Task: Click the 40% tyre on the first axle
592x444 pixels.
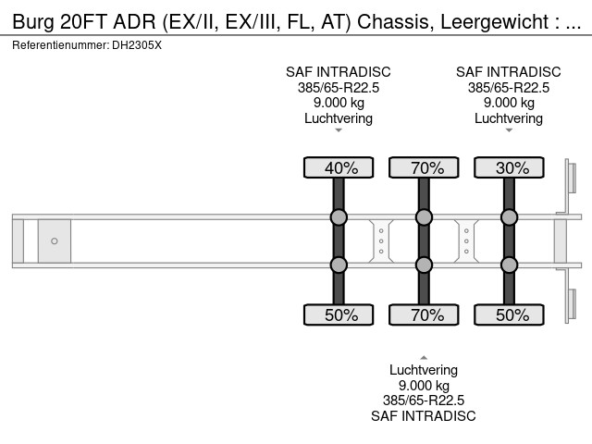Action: [x=339, y=167]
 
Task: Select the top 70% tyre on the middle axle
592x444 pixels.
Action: [x=424, y=167]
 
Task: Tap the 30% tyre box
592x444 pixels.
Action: [x=509, y=167]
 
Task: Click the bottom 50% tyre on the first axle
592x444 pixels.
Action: [x=339, y=314]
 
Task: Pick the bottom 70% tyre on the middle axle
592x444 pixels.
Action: [x=424, y=314]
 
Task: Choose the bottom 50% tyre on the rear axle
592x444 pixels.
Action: [x=509, y=314]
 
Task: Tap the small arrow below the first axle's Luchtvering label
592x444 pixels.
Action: [x=339, y=130]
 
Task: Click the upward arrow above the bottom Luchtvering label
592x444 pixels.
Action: [x=424, y=356]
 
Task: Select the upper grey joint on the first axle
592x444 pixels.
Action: [x=339, y=217]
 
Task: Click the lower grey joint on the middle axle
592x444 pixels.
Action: [x=424, y=265]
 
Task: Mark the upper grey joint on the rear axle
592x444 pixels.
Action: [x=509, y=217]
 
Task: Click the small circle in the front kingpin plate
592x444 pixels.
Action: [x=55, y=241]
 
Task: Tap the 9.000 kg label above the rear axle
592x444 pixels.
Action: [x=509, y=103]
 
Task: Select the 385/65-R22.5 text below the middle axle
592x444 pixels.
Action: [x=424, y=401]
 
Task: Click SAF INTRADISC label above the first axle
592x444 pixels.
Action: [x=339, y=72]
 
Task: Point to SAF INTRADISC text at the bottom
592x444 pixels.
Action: [x=424, y=416]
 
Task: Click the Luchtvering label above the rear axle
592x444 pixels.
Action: [x=509, y=118]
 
